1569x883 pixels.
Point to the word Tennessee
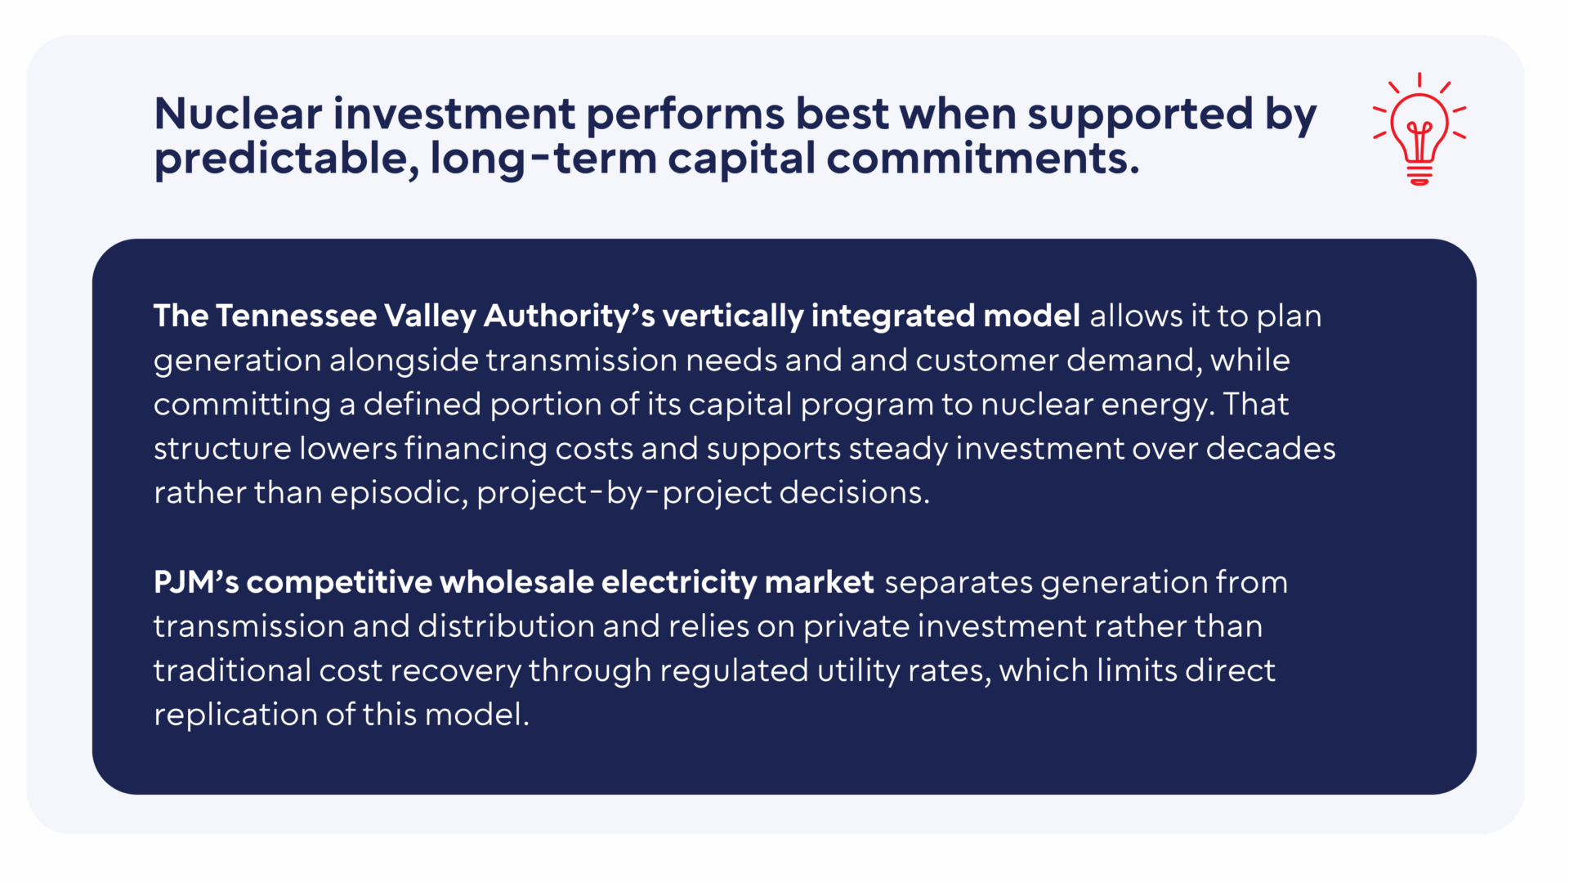coord(296,316)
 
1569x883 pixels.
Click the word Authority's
coord(570,316)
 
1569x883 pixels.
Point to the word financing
coord(476,449)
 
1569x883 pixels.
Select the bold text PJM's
coord(196,582)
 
